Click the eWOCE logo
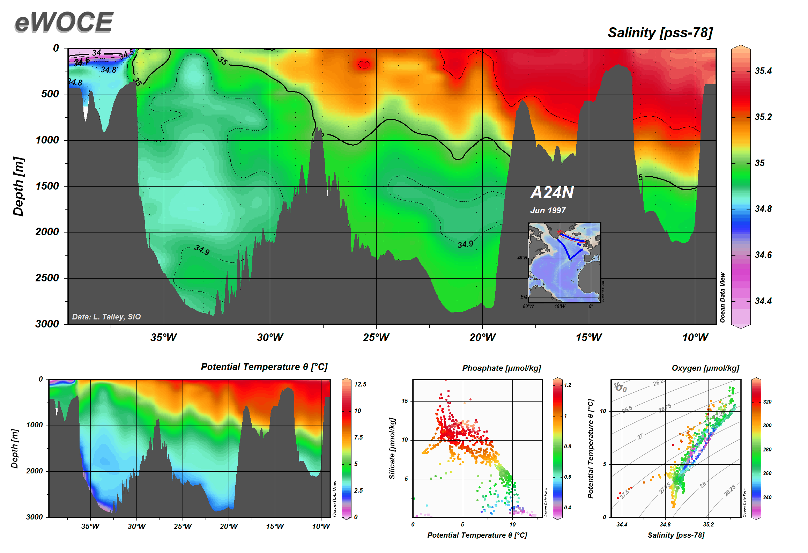point(64,22)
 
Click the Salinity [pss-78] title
point(660,32)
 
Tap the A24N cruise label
point(552,192)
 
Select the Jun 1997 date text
point(548,211)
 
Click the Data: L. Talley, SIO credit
point(106,317)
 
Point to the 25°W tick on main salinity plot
point(376,337)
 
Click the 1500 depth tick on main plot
point(47,186)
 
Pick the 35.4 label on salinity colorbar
point(763,71)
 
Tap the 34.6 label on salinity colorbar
point(763,255)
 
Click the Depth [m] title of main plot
point(18,186)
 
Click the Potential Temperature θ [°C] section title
point(264,367)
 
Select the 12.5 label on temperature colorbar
point(360,384)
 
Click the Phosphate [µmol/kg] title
point(502,368)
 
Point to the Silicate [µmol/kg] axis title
point(392,448)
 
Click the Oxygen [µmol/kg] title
point(705,368)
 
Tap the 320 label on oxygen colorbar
point(767,402)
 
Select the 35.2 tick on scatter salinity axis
point(709,524)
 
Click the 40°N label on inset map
point(522,258)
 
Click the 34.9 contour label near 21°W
point(465,244)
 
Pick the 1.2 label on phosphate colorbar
point(568,385)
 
